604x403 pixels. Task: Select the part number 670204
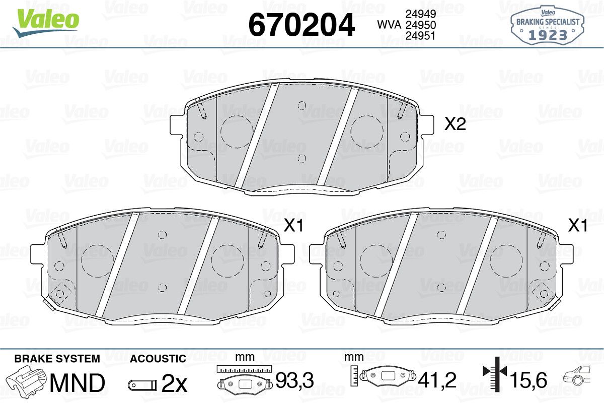pos(301,25)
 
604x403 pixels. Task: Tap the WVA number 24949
pos(421,14)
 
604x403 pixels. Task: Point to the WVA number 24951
pos(421,36)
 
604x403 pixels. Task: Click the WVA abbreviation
pos(389,25)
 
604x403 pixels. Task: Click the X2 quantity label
pos(455,124)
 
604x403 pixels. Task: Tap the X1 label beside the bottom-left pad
pos(293,226)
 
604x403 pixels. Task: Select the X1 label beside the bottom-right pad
pos(578,226)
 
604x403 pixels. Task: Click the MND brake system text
pos(78,383)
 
